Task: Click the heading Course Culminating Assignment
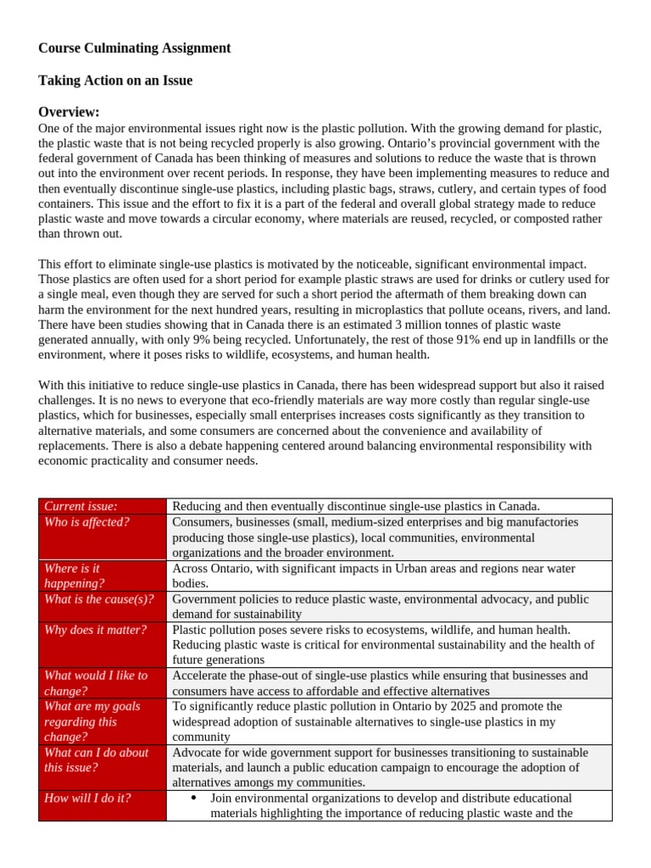134,48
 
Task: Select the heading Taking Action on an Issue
115,81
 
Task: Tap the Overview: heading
69,112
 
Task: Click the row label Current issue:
81,506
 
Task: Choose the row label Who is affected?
86,522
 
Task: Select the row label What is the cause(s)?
98,599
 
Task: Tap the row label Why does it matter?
95,630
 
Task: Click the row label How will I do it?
87,798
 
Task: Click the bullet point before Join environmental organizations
194,798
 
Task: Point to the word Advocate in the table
196,753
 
